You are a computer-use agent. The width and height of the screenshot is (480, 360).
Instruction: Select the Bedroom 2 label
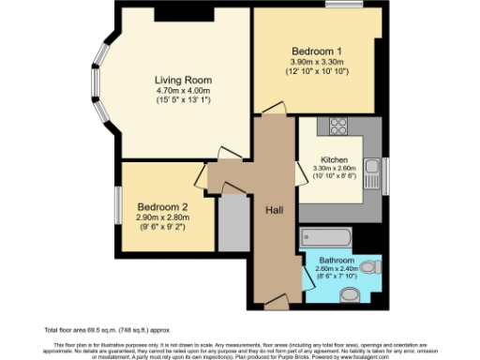[162, 207]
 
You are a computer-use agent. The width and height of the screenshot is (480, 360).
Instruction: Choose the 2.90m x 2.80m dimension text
[162, 218]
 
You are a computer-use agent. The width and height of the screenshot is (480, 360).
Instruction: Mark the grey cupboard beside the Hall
[230, 220]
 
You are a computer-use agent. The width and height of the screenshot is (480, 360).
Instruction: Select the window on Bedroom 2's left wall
[117, 206]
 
